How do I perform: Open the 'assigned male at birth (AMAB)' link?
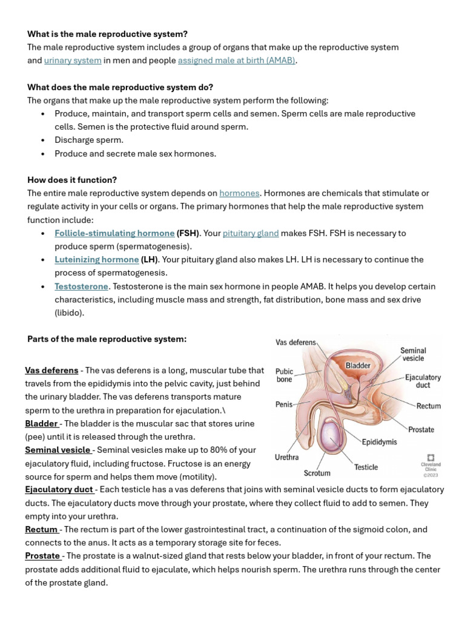coord(237,61)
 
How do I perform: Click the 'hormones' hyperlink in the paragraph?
coord(239,193)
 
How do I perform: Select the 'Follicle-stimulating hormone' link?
coord(114,233)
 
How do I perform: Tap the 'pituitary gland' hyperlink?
coord(251,233)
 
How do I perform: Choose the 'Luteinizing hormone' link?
coord(97,260)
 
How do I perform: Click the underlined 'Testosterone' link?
coord(81,286)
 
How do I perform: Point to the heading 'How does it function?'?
coord(72,180)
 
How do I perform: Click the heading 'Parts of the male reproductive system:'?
coord(107,339)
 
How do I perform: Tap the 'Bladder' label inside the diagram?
coord(358,366)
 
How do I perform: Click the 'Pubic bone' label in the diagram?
coord(285,375)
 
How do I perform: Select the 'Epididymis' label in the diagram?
coord(380,442)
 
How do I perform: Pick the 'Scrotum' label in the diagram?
coord(317,473)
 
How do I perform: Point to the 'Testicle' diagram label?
coord(366,467)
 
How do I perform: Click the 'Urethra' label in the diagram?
coord(286,457)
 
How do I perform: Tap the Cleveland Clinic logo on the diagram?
coord(431,458)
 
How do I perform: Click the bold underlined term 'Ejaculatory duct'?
coord(59,489)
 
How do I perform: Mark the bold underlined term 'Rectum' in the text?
coord(41,529)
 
